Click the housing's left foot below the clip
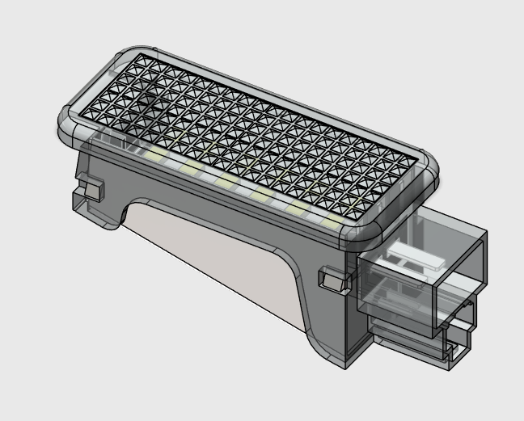point(97,214)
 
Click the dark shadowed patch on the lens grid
point(146,101)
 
